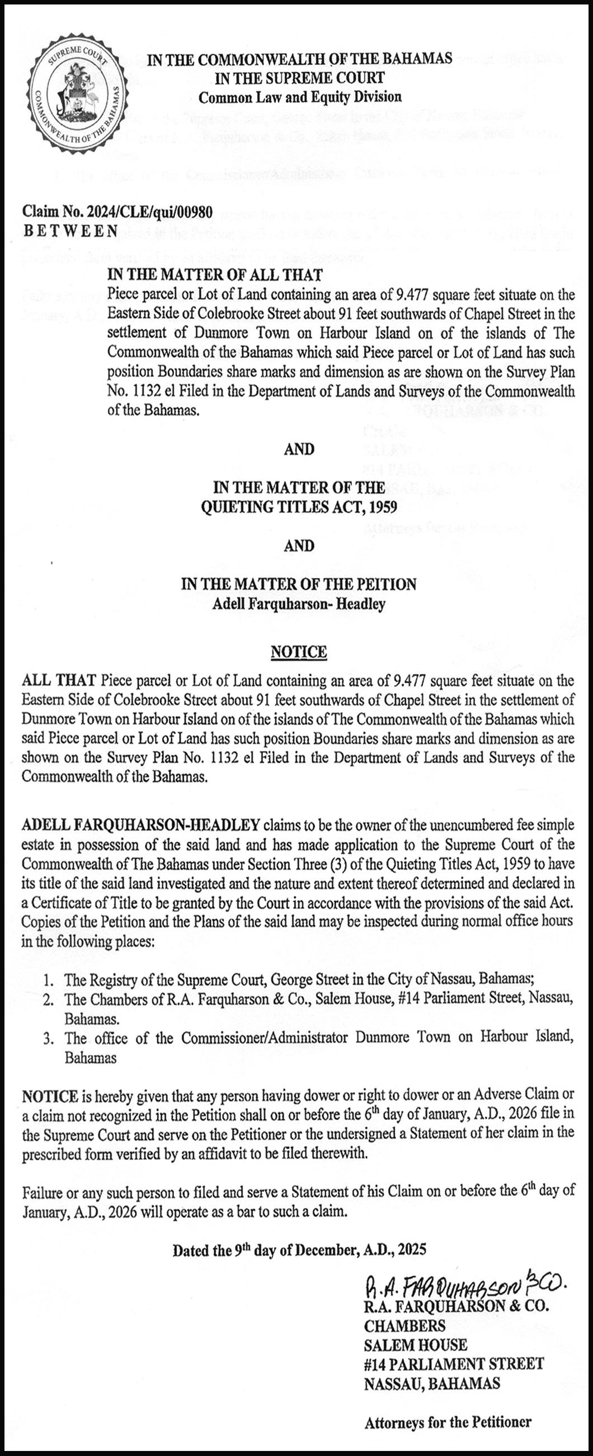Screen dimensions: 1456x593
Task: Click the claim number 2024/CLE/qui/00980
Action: [x=117, y=213]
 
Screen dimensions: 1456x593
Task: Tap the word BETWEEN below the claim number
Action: [x=70, y=231]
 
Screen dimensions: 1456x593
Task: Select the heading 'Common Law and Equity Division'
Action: [x=300, y=97]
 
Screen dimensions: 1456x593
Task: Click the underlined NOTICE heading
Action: [x=299, y=652]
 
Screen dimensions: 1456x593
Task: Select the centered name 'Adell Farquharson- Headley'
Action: [x=299, y=604]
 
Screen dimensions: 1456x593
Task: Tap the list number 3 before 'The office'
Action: [x=51, y=1038]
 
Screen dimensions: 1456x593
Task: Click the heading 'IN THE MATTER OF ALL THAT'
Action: [x=215, y=275]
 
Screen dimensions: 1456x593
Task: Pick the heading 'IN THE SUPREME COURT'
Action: [x=299, y=77]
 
